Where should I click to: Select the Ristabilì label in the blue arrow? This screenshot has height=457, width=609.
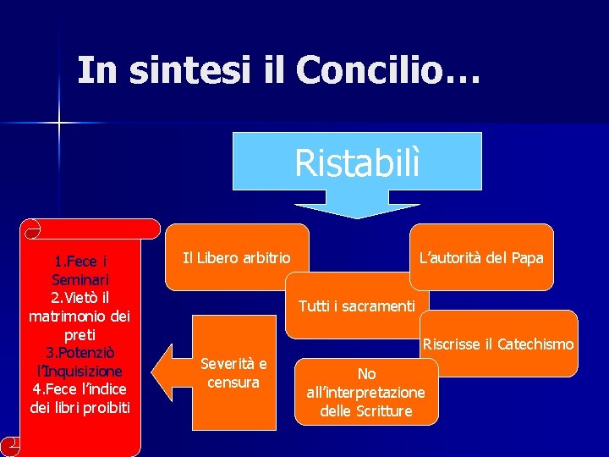(356, 162)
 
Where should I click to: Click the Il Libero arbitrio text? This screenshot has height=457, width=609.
(236, 258)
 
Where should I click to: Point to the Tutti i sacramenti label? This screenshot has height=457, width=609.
(356, 306)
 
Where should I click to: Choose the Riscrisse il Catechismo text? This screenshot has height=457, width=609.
(498, 344)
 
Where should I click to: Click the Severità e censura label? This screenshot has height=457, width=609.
(233, 373)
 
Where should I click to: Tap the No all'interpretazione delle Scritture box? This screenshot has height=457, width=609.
(366, 392)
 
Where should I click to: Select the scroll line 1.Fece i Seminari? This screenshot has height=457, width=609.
(80, 270)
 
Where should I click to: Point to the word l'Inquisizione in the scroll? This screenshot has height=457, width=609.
(80, 371)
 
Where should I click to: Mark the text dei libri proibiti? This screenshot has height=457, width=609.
(80, 408)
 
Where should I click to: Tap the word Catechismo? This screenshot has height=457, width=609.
(535, 344)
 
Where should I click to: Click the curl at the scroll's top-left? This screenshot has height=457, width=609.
(31, 228)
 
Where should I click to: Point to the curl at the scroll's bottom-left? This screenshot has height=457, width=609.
(12, 446)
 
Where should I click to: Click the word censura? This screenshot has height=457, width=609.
(233, 383)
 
